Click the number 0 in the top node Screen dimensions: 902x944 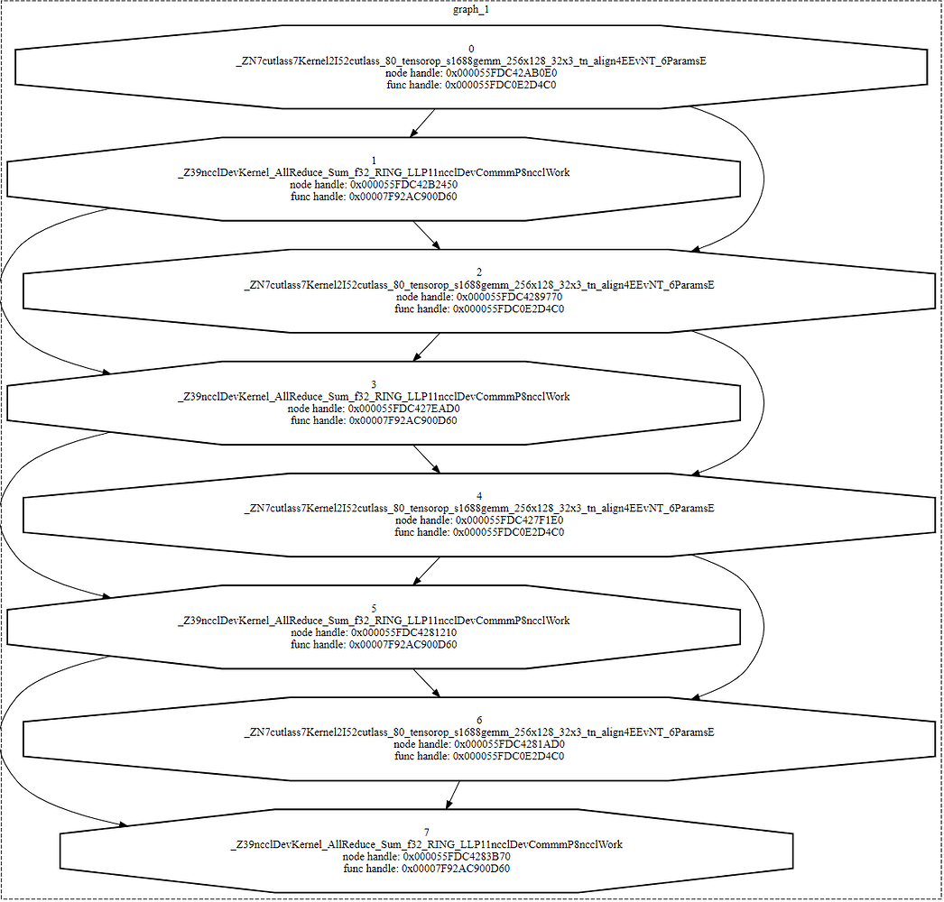(x=471, y=49)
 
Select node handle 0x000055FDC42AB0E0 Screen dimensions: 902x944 (x=471, y=73)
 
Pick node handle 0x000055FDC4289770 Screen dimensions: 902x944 (x=479, y=297)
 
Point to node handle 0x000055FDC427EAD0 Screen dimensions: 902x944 (x=374, y=409)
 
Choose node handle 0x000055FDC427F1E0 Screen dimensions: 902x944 (x=479, y=520)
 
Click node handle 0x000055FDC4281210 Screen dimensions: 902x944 (x=374, y=633)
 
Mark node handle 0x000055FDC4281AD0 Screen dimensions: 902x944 (x=479, y=744)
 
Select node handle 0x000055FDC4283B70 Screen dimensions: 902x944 (x=426, y=857)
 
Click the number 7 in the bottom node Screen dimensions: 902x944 (x=426, y=832)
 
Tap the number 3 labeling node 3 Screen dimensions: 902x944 (x=374, y=384)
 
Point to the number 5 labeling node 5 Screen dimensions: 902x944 (x=374, y=609)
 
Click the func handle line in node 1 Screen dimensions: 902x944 (x=374, y=197)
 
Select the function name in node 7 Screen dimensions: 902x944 (x=426, y=844)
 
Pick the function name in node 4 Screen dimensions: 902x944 (x=479, y=509)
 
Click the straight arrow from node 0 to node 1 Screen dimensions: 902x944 (x=423, y=122)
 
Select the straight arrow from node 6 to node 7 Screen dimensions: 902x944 (x=453, y=794)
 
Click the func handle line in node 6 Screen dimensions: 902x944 (x=479, y=757)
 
